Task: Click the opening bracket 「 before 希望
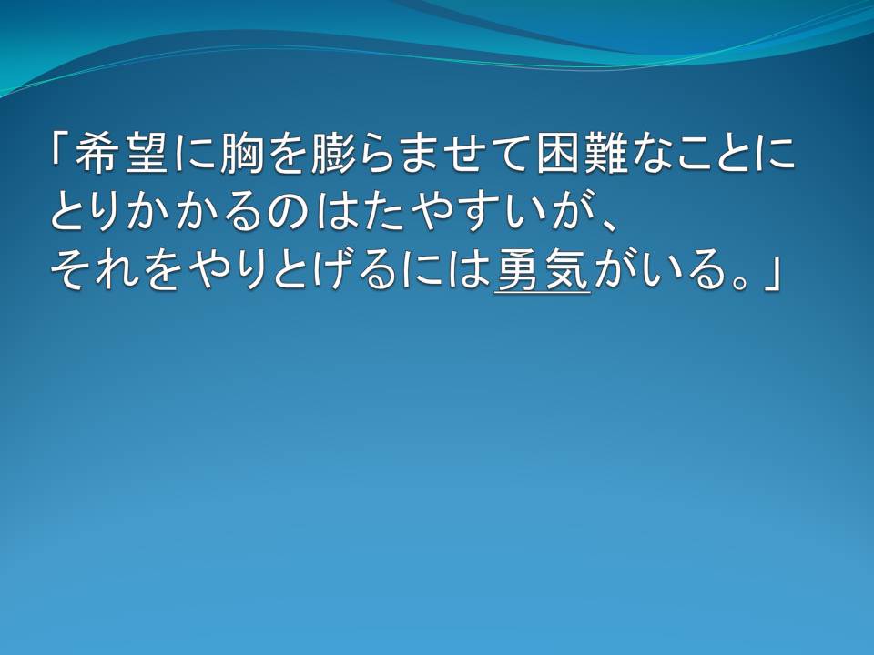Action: click(58, 150)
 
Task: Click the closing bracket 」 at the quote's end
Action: click(771, 273)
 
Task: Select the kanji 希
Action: click(95, 153)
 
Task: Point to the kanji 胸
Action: click(241, 153)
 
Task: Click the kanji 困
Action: click(558, 153)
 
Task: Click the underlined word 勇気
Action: click(543, 271)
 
